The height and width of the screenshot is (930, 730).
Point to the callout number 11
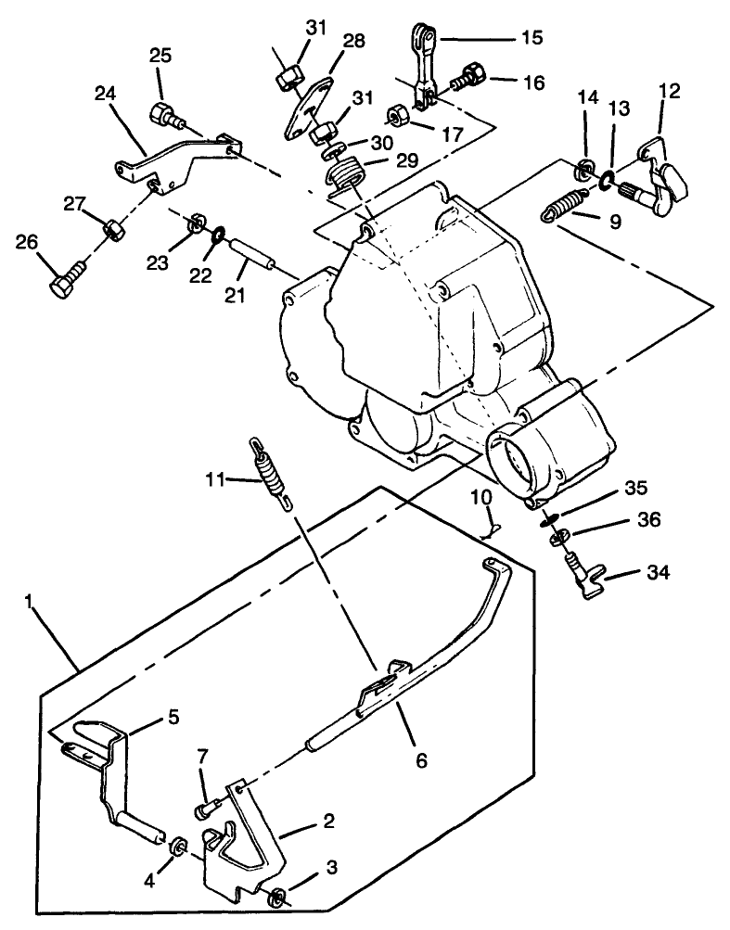click(214, 478)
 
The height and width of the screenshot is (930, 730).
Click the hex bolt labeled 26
click(67, 274)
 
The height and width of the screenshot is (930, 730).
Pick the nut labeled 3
click(275, 897)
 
